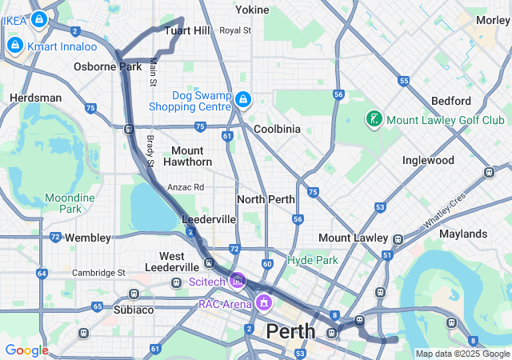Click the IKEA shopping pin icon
tap(38, 18)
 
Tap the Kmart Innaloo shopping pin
tap(14, 46)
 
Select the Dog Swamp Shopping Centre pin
tap(243, 100)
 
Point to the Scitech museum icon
tap(237, 281)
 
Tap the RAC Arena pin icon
tap(263, 303)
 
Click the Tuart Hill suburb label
tap(186, 30)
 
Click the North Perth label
tap(266, 199)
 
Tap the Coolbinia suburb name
tap(277, 129)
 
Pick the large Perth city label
tap(290, 330)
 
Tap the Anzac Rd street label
tap(186, 187)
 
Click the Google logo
tap(27, 350)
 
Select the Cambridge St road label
tap(98, 272)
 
